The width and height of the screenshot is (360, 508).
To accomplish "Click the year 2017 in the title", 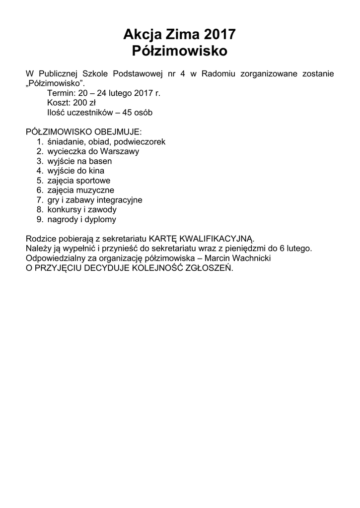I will point(219,34).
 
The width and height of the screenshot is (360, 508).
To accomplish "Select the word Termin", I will point(59,93).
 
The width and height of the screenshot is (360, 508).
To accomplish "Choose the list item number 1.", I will point(40,142).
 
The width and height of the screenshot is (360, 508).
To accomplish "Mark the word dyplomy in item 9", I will point(99,219).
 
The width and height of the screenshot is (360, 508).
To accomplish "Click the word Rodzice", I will point(41,239).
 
